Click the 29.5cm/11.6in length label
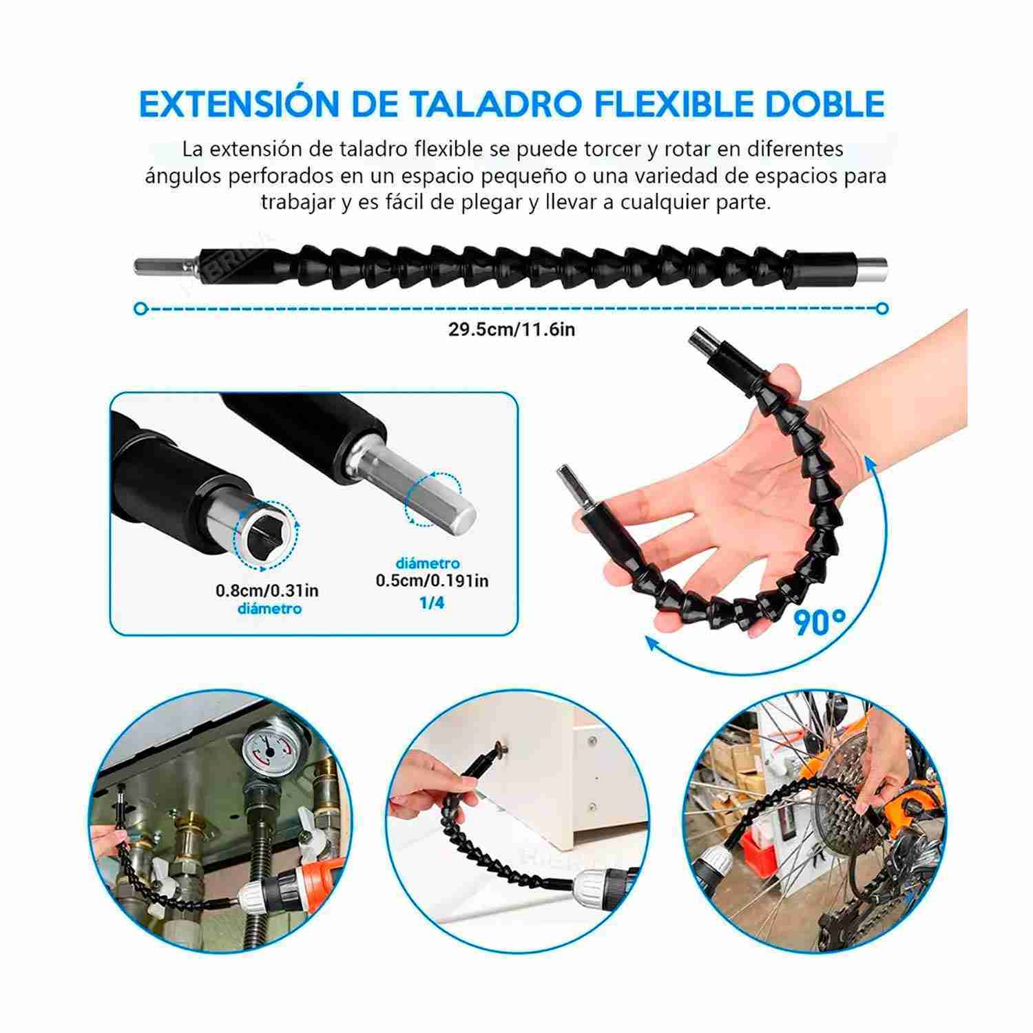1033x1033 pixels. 512,329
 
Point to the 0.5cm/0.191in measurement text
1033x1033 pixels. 432,581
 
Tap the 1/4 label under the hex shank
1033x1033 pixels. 432,603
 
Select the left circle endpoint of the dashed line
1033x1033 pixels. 141,309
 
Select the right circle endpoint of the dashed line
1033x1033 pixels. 882,309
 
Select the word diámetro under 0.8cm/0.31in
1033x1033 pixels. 269,609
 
